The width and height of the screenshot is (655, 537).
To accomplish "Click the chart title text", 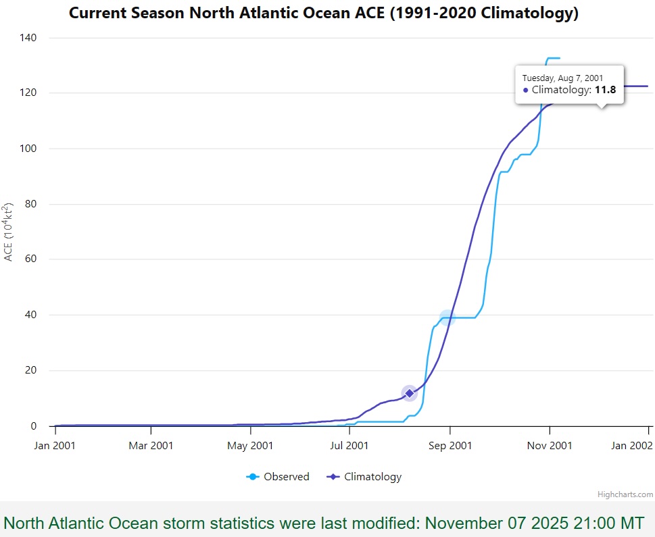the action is point(324,13).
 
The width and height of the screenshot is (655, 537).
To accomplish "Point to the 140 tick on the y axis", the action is point(28,38).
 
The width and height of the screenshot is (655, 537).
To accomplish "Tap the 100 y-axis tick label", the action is point(28,148).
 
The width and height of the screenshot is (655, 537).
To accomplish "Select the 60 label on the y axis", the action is point(30,259).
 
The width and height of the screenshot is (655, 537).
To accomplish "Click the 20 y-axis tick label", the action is point(30,369).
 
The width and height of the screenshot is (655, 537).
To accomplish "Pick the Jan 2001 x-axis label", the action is point(55,446).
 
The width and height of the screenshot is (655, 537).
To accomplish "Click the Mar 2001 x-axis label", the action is point(151,446).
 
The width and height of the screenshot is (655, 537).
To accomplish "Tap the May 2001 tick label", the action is point(250,446).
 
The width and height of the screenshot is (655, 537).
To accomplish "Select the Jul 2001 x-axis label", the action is point(349,446).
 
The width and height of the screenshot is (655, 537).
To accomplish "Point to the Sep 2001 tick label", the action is point(450,446).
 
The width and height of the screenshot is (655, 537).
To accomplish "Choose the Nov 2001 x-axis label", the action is point(550,446).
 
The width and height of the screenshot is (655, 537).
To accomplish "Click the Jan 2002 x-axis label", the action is point(631,446).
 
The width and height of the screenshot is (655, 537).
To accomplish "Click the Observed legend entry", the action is point(278,476).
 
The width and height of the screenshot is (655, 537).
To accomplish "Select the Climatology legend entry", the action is point(364,477).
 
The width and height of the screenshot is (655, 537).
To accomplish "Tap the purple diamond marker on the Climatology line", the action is point(410,393).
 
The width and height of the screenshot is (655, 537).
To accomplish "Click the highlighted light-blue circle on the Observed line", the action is point(447,317).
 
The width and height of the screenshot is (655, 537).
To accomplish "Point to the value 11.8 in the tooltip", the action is point(605,90).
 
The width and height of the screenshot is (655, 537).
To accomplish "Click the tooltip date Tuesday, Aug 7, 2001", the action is point(562,78).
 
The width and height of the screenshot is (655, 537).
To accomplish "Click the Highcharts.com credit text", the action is point(625,494).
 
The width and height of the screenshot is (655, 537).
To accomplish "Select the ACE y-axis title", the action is point(8,232).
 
